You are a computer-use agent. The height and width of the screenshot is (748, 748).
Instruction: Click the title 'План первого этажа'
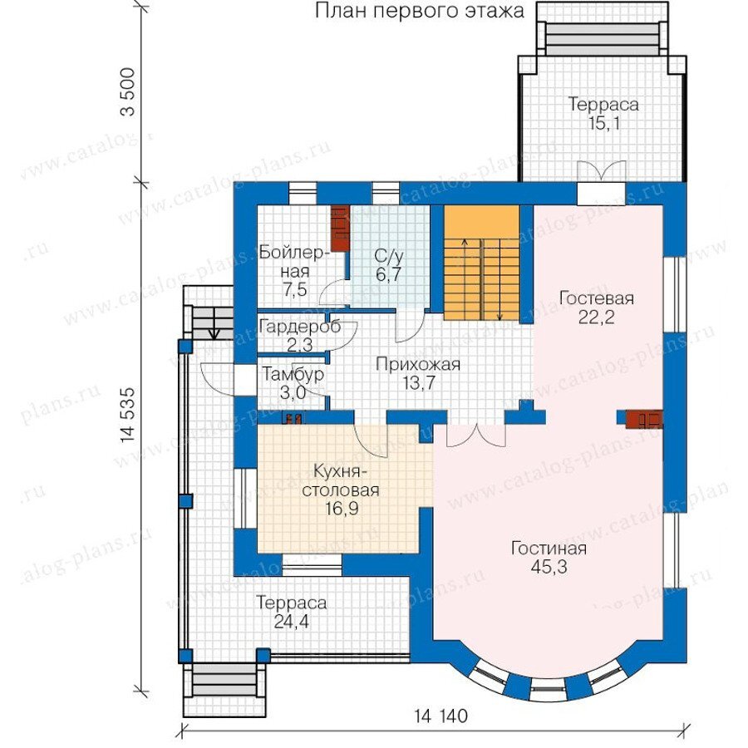click(x=420, y=11)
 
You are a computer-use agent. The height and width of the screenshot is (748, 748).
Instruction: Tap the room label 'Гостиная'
click(x=549, y=549)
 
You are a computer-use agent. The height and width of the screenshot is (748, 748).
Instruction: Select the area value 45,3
click(x=549, y=567)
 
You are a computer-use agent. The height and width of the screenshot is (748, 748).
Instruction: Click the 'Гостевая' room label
click(x=596, y=298)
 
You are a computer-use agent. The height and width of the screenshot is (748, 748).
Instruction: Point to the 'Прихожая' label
click(x=418, y=365)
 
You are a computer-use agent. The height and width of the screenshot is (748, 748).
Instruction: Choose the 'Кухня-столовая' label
click(x=341, y=481)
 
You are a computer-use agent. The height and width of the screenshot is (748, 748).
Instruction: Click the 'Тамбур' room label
click(x=293, y=375)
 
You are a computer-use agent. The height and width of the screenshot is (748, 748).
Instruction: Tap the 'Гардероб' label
click(x=300, y=327)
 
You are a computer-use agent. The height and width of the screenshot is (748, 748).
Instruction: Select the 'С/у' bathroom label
click(x=389, y=256)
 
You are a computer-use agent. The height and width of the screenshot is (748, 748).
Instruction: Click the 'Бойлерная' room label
click(x=294, y=262)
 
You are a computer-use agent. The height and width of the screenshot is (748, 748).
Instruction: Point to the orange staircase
click(x=481, y=263)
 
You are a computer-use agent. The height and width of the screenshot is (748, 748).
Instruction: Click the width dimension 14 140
click(x=440, y=716)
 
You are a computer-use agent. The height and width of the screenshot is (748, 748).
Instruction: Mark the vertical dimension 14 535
click(x=127, y=415)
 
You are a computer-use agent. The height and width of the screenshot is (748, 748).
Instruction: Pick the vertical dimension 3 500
click(x=127, y=92)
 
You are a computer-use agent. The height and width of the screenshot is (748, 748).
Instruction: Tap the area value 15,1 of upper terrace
click(x=603, y=124)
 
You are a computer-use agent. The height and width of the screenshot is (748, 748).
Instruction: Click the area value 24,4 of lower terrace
click(x=291, y=622)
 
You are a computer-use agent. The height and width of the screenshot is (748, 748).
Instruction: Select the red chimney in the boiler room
click(x=340, y=228)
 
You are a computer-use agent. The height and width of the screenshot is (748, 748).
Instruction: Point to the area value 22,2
click(x=596, y=317)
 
